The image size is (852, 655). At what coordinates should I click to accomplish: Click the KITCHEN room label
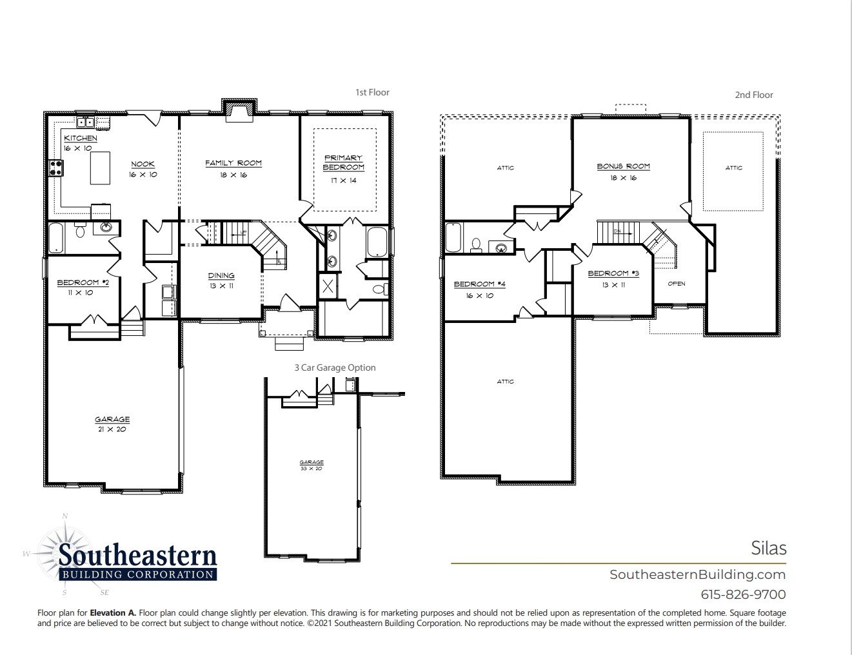tap(81, 138)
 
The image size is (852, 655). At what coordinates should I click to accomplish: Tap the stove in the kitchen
tap(56, 168)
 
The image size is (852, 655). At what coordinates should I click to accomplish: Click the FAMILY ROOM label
tap(233, 163)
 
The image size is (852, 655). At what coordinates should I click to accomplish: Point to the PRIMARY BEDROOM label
tap(343, 162)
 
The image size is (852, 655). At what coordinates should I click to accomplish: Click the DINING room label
tap(221, 276)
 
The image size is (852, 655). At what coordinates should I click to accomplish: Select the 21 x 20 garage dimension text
tap(112, 429)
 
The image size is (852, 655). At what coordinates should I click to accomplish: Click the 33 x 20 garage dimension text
tap(311, 469)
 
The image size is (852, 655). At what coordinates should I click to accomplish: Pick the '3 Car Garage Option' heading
tap(335, 367)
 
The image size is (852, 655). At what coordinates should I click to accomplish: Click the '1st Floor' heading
tap(372, 92)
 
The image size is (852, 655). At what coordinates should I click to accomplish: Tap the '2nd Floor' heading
tap(753, 95)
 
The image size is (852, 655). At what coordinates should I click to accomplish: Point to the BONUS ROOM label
tap(623, 166)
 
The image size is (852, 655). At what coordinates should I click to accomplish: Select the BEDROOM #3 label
tap(613, 273)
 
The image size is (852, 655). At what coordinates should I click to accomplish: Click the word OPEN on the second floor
tap(677, 284)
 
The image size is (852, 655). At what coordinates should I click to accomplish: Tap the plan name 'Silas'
tap(768, 548)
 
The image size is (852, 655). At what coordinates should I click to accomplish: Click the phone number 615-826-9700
tap(743, 594)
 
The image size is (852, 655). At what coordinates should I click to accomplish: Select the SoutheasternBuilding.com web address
tap(697, 574)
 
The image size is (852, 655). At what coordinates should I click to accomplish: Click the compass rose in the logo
tap(64, 553)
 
